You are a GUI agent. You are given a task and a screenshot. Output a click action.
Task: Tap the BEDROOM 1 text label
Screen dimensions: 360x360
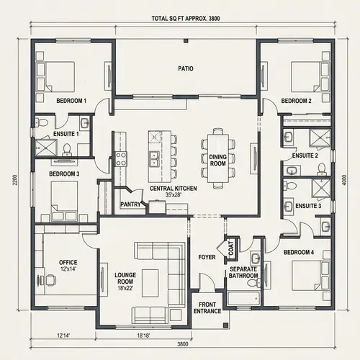[71, 102]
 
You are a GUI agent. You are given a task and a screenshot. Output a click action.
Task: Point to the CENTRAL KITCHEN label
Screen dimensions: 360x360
[168, 189]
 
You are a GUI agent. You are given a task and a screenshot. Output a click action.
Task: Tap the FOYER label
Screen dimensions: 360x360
[207, 257]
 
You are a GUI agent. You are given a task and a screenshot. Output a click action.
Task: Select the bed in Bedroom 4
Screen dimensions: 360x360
[309, 276]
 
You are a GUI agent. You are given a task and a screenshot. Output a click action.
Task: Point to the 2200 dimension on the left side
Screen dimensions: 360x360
[14, 181]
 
